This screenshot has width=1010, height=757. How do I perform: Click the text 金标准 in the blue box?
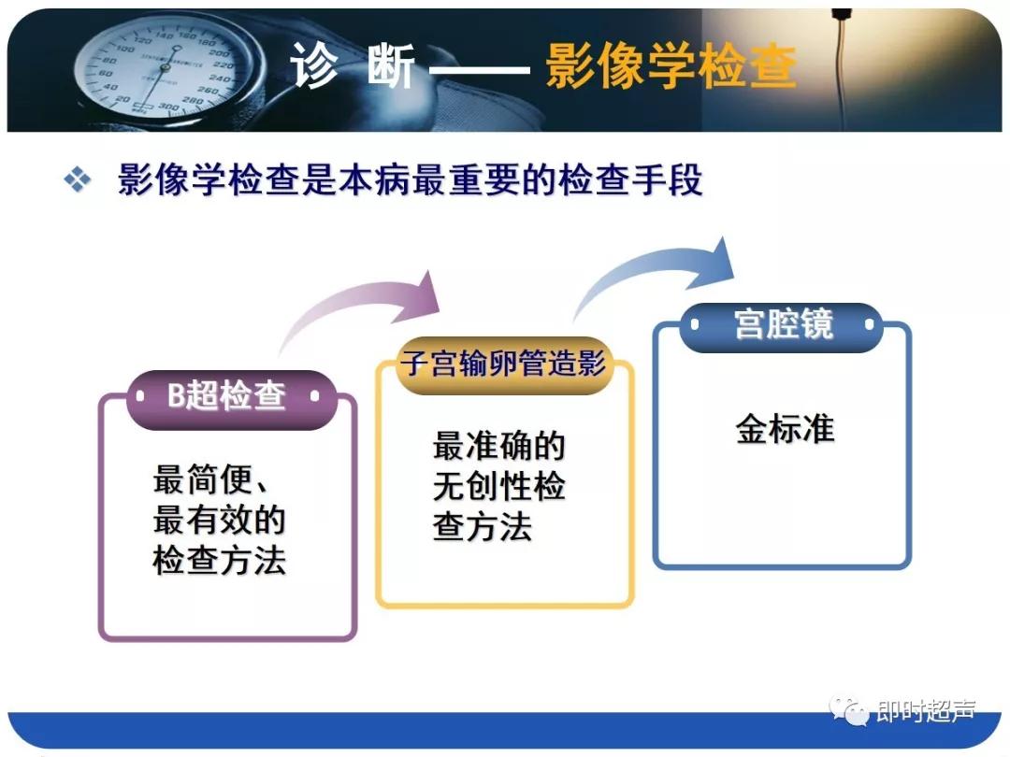[784, 430]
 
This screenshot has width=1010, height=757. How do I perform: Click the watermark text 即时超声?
[925, 712]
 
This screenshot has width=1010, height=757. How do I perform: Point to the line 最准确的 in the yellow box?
[498, 447]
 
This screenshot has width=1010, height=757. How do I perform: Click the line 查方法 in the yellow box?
[483, 527]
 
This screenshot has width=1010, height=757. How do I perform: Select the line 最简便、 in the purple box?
[211, 481]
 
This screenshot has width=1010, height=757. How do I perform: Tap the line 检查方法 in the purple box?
[219, 561]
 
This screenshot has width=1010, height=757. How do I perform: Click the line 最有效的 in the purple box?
[219, 521]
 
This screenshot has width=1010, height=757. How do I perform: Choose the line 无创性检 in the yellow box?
[498, 487]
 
